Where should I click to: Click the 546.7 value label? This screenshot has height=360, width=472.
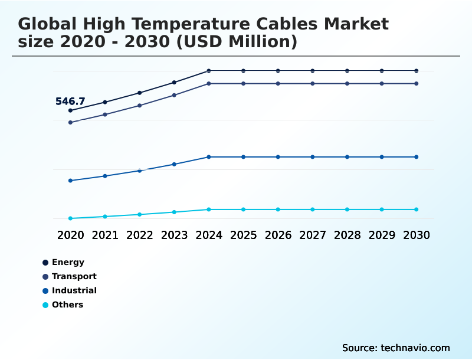70,102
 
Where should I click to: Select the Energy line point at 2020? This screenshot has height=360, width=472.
70,110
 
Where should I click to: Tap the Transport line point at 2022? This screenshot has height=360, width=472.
140,106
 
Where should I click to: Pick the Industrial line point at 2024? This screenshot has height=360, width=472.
209,157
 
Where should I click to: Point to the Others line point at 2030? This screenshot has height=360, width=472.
417,210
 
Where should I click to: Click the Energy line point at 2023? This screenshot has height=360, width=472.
174,82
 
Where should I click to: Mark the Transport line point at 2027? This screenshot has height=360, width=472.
313,84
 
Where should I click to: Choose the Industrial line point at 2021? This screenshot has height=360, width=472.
105,176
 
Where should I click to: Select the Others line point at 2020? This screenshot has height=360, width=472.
70,218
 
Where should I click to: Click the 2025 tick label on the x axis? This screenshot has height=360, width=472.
244,235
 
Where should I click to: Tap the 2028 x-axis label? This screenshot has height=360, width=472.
348,235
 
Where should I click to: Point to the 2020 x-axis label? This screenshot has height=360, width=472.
70,235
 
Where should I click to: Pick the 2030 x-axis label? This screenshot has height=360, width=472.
417,235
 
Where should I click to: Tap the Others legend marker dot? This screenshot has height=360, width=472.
45,305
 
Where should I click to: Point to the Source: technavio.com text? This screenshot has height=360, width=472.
396,348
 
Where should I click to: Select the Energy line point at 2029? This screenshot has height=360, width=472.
382,71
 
